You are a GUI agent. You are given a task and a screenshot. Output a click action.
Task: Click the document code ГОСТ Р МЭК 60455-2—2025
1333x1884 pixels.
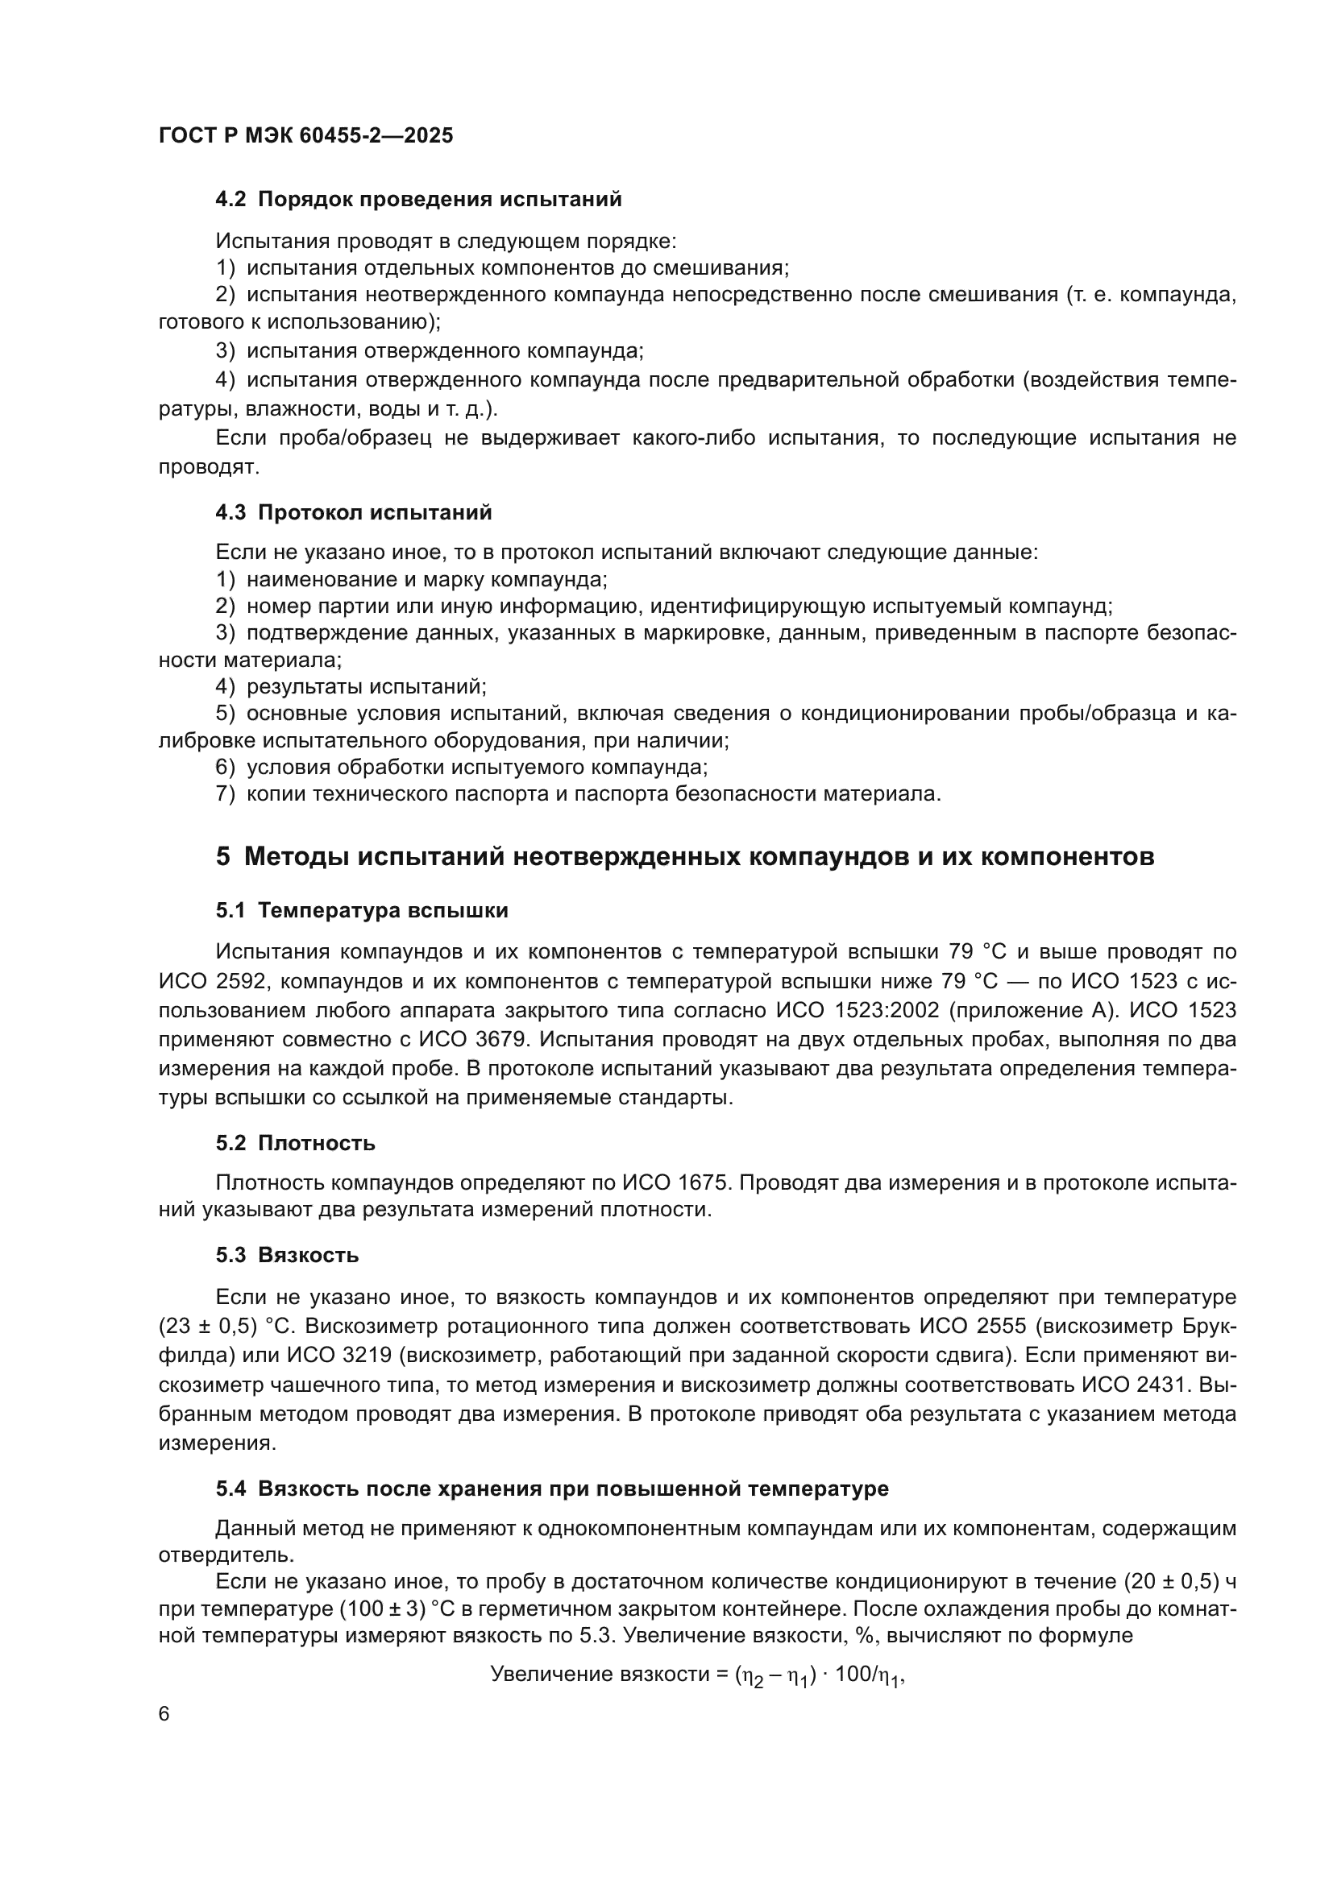click(305, 136)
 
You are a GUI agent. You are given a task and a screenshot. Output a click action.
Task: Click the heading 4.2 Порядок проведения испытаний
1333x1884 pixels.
click(418, 200)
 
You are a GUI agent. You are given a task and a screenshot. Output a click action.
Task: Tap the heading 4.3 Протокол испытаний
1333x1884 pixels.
click(354, 513)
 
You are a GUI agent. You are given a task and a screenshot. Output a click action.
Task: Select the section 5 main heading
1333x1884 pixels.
click(684, 857)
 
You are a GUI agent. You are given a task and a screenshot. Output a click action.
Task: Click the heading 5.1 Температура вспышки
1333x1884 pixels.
click(362, 911)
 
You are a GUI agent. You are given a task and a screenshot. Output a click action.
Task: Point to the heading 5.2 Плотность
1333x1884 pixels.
click(296, 1143)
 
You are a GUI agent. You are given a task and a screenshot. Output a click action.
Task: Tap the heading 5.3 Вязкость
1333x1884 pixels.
click(287, 1255)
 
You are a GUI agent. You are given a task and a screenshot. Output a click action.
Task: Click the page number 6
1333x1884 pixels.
click(164, 1714)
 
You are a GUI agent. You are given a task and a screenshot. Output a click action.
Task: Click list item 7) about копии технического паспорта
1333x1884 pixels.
click(578, 794)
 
